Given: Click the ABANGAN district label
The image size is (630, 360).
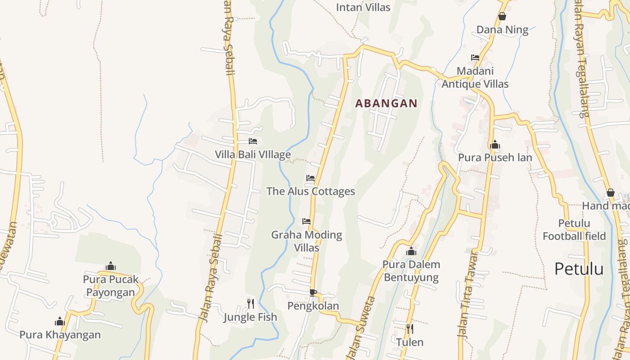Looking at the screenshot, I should pyautogui.click(x=386, y=103).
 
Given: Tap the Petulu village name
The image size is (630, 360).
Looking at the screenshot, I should pyautogui.click(x=579, y=269).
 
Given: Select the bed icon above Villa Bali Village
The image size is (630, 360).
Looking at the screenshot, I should pyautogui.click(x=253, y=141).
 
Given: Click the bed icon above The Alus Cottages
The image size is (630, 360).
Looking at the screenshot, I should pyautogui.click(x=310, y=178).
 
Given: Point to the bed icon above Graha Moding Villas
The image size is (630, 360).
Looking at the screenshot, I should pyautogui.click(x=306, y=221).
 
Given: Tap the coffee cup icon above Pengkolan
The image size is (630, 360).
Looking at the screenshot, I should pyautogui.click(x=313, y=292).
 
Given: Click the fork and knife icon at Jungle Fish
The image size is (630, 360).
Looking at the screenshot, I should pyautogui.click(x=250, y=304).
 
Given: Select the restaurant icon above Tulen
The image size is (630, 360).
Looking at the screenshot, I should pyautogui.click(x=409, y=329).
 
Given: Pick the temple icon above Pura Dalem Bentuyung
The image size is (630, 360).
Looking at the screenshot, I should pyautogui.click(x=411, y=251).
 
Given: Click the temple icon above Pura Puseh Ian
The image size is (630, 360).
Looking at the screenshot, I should pyautogui.click(x=495, y=144).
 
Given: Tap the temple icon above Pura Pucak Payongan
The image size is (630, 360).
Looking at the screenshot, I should pyautogui.click(x=111, y=266).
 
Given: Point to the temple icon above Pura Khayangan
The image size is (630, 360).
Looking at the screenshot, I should pyautogui.click(x=60, y=321).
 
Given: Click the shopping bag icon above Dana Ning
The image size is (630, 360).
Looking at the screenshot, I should pyautogui.click(x=502, y=17).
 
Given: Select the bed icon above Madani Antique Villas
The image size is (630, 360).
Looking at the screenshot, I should pyautogui.click(x=475, y=58).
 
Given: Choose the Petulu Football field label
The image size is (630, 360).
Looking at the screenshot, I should pyautogui.click(x=574, y=229).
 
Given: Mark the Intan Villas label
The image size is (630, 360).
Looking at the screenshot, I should pyautogui.click(x=363, y=7).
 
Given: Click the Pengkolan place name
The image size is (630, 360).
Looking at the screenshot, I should pyautogui.click(x=313, y=306).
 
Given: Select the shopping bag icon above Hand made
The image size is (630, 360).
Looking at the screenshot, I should pyautogui.click(x=611, y=193).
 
